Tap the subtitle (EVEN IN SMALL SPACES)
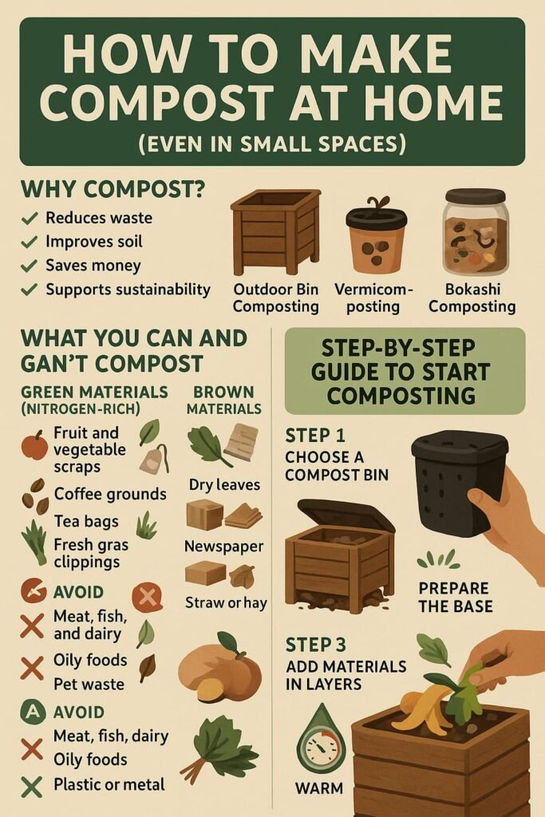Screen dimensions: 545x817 pyautogui.click(x=272, y=144)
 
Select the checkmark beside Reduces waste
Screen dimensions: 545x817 pyautogui.click(x=30, y=218)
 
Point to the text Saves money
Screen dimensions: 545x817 pyautogui.click(x=93, y=265)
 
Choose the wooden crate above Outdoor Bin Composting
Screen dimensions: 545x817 pyautogui.click(x=275, y=232)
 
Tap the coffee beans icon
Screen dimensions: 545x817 pyautogui.click(x=35, y=495)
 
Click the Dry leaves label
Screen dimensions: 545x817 pyautogui.click(x=224, y=485)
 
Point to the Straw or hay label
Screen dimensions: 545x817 pyautogui.click(x=226, y=603)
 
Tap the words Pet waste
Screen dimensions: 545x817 pyautogui.click(x=89, y=684)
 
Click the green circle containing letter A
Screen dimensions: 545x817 pyautogui.click(x=32, y=712)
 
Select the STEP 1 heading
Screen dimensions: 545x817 pyautogui.click(x=315, y=435)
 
